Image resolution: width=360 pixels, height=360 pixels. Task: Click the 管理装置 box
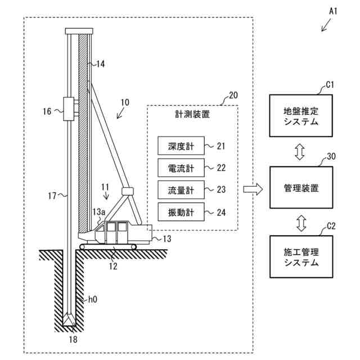point(301,188)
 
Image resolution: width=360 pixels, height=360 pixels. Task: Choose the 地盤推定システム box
point(301,116)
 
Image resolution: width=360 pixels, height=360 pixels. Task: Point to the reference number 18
point(73,339)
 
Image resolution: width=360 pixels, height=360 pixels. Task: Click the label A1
point(332,10)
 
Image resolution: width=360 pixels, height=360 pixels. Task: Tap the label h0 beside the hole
point(92,300)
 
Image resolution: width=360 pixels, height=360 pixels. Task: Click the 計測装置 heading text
point(192,114)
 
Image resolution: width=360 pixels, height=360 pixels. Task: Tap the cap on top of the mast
point(78,30)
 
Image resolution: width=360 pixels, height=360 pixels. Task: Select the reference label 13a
point(100,211)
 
